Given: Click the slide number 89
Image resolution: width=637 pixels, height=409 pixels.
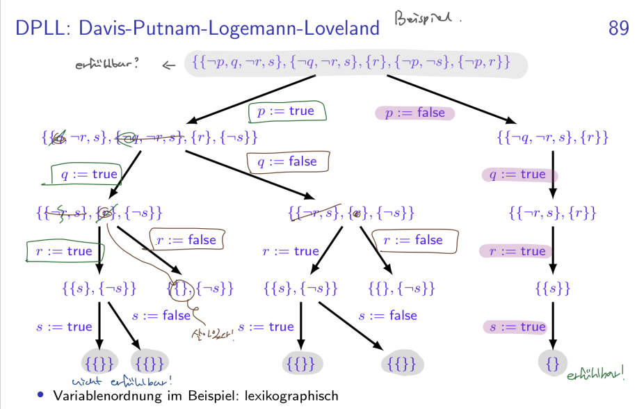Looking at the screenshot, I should pyautogui.click(x=618, y=28).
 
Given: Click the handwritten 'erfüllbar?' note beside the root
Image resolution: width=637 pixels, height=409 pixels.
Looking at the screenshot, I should pyautogui.click(x=107, y=65).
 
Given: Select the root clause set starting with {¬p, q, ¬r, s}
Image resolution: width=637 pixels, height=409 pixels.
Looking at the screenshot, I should pyautogui.click(x=355, y=65).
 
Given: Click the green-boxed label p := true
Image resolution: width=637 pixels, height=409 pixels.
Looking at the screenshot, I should pyautogui.click(x=286, y=111).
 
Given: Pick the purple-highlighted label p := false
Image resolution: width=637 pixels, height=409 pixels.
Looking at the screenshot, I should pyautogui.click(x=414, y=113).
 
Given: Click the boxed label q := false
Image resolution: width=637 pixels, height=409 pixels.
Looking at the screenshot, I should pyautogui.click(x=287, y=161).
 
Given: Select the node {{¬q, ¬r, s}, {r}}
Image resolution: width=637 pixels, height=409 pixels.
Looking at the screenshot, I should pyautogui.click(x=553, y=138).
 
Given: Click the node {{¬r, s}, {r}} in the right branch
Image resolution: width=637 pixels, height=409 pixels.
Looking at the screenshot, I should pyautogui.click(x=553, y=213).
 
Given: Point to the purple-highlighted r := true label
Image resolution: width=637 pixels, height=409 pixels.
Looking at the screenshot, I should pyautogui.click(x=517, y=251).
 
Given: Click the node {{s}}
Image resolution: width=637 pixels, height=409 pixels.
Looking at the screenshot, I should pyautogui.click(x=553, y=288).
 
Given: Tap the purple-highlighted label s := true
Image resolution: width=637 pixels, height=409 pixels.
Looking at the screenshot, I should pyautogui.click(x=517, y=327).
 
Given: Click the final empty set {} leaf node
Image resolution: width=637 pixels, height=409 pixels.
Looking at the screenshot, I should pyautogui.click(x=553, y=362).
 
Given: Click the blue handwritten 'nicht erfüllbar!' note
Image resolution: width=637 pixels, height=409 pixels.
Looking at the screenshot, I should pyautogui.click(x=122, y=380).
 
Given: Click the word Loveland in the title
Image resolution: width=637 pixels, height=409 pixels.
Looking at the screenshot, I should pyautogui.click(x=344, y=29).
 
